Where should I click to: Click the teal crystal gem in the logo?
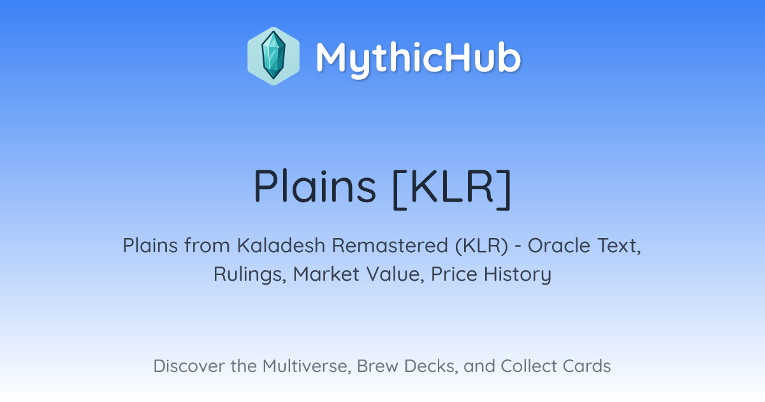[273, 56]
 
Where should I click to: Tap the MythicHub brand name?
[418, 59]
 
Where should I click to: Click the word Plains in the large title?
[314, 186]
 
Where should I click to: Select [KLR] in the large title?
[452, 189]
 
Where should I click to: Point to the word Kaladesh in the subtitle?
[281, 246]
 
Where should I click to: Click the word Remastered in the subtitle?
[390, 246]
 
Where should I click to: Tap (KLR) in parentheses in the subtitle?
[481, 246]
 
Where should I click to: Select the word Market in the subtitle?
[326, 274]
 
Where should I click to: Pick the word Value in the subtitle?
[395, 274]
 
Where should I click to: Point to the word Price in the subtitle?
[454, 274]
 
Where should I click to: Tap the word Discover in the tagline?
[189, 366]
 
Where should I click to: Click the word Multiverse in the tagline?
[307, 366]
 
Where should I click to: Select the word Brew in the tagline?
[377, 366]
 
